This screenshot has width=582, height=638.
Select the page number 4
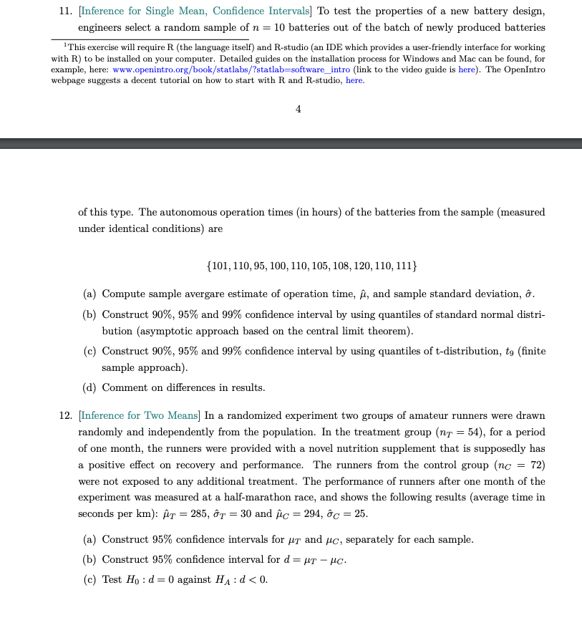(x=298, y=110)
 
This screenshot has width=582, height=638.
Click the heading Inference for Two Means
(x=141, y=416)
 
